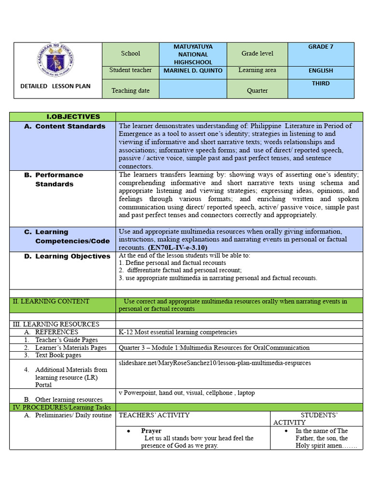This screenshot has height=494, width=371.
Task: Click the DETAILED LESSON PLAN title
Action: (x=55, y=86)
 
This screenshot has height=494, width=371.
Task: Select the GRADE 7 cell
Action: (x=321, y=47)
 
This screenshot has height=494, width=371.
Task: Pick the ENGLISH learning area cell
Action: (x=321, y=70)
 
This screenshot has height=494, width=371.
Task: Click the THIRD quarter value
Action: (x=321, y=83)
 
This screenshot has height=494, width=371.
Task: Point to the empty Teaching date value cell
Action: (x=192, y=89)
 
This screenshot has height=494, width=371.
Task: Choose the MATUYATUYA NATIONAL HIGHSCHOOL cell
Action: (x=192, y=54)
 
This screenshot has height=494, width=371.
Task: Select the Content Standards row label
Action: (x=70, y=126)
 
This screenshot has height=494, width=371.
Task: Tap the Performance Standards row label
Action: (x=59, y=179)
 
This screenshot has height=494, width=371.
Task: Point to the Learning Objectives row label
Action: (x=72, y=256)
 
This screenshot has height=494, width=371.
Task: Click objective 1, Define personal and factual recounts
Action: (x=172, y=263)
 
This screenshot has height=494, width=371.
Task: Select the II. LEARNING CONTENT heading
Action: (x=51, y=302)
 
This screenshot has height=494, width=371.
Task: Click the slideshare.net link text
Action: (x=215, y=363)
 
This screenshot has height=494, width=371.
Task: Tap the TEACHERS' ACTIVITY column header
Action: (x=155, y=415)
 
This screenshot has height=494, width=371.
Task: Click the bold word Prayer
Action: (x=151, y=431)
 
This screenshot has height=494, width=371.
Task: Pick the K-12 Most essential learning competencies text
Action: (x=178, y=332)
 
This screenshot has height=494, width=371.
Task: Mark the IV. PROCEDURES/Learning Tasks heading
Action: (x=59, y=407)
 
